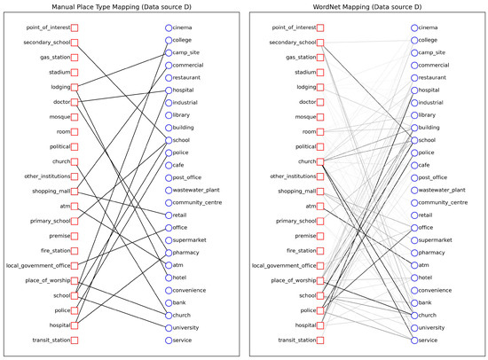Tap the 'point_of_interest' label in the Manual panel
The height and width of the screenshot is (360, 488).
tap(48, 27)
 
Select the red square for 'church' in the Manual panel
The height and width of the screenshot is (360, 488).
tap(75, 161)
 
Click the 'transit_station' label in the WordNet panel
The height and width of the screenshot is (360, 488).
tap(295, 340)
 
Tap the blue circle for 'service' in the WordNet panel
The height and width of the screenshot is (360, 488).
tap(413, 340)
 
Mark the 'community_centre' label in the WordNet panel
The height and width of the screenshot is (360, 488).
tap(447, 202)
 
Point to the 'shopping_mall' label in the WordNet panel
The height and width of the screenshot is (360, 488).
tap(297, 191)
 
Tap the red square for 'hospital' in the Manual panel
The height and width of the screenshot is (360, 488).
tap(75, 325)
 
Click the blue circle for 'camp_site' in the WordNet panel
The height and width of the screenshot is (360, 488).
tap(413, 52)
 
